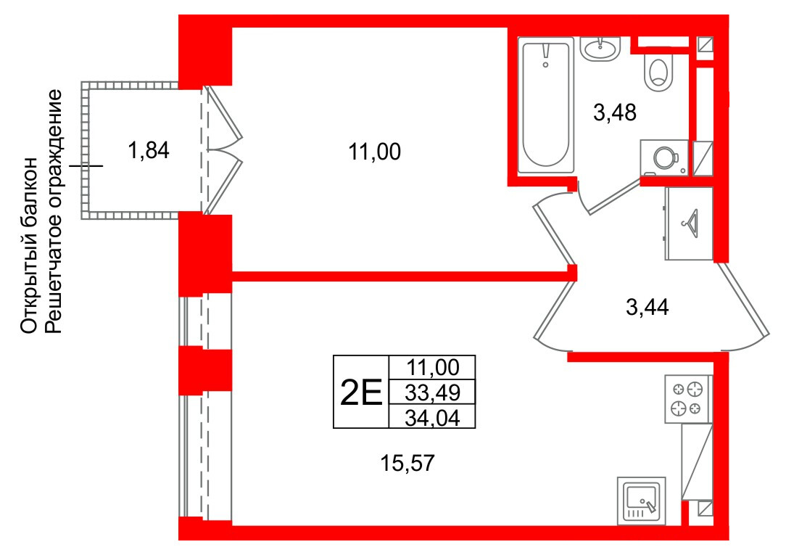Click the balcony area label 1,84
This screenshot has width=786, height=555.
point(149,150)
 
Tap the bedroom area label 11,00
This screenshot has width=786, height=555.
point(374,152)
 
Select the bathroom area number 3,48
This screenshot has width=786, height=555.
point(615,112)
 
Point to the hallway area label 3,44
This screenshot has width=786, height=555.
point(648,307)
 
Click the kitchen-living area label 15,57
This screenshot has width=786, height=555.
point(407,463)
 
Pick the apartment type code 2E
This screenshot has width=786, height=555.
point(361,392)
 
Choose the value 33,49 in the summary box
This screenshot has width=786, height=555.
point(432,392)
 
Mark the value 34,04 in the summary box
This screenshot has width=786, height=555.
point(432,417)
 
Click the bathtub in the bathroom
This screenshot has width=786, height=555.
point(546,105)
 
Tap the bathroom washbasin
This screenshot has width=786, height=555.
point(600,49)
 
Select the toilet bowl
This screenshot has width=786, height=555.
point(658,73)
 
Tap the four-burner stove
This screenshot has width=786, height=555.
point(688,399)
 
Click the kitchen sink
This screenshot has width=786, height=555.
point(642,501)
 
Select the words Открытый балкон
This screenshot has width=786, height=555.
point(29,245)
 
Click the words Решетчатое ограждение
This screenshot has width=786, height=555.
point(53,212)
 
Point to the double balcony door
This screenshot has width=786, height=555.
point(224,150)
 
